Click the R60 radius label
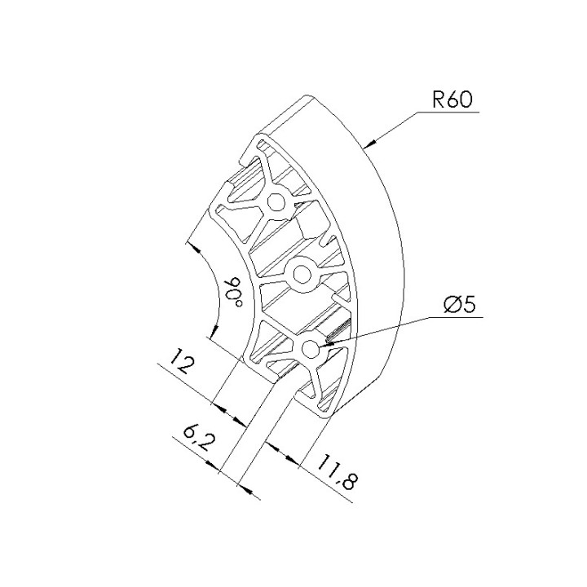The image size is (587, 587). (x=452, y=99)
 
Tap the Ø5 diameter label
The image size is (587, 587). (x=459, y=304)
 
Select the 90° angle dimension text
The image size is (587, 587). (x=233, y=293)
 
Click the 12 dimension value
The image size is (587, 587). (x=183, y=361)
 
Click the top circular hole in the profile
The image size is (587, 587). (x=276, y=203)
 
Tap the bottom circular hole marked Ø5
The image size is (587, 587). (x=311, y=349)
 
